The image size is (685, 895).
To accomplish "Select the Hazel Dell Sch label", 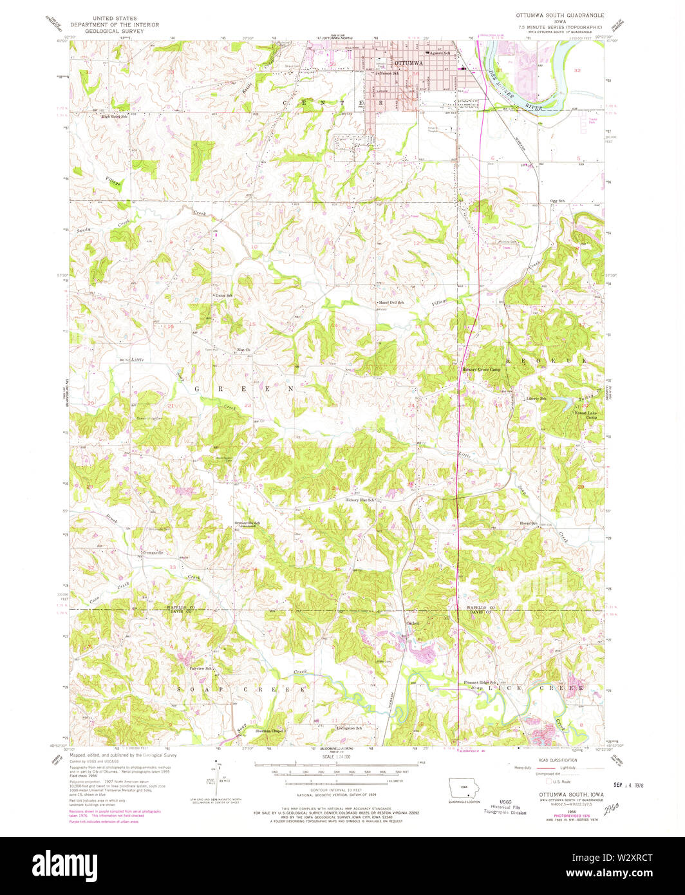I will pos(391,302).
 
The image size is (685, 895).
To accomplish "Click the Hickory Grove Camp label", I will pos(481,370).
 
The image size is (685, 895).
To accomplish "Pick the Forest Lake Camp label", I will pos(586,415).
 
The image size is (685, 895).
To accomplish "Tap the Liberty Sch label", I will pos(536,399).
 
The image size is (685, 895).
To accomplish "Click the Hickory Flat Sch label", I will pos(361,500).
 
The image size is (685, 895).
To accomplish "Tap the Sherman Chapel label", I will pos(268,731).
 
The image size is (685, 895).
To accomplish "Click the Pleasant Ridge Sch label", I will pos(481,683).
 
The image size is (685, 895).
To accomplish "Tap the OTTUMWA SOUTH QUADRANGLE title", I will pos(559,13).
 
